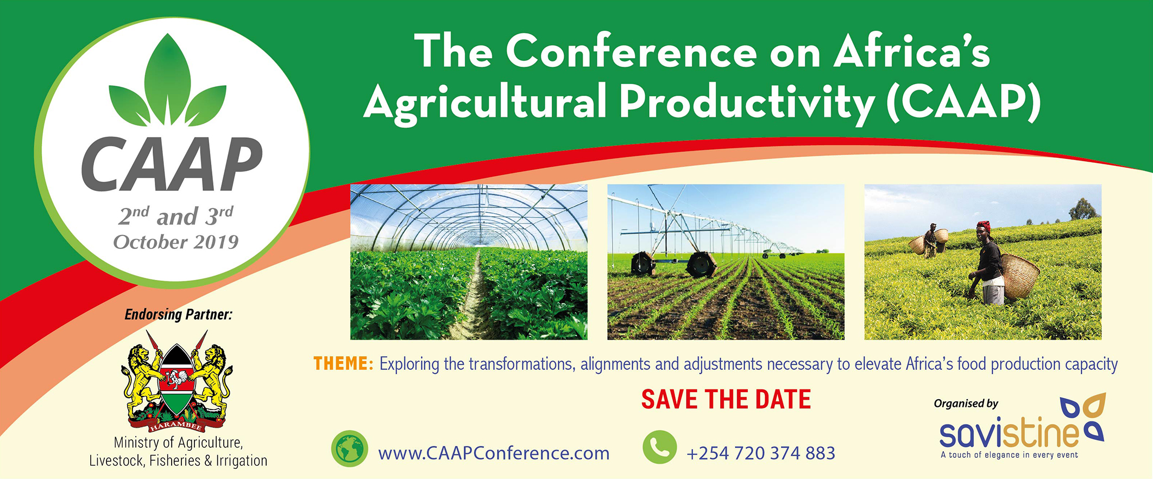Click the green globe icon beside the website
pyautogui.click(x=350, y=449)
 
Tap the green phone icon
pyautogui.click(x=659, y=447)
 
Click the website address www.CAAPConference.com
pyautogui.click(x=494, y=453)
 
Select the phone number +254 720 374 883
pyautogui.click(x=760, y=453)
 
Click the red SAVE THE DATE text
pyautogui.click(x=726, y=399)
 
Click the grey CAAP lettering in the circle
pyautogui.click(x=172, y=164)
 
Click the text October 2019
pyautogui.click(x=176, y=242)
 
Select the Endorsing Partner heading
pyautogui.click(x=178, y=315)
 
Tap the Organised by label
pyautogui.click(x=966, y=404)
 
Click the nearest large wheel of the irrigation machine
pyautogui.click(x=701, y=264)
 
